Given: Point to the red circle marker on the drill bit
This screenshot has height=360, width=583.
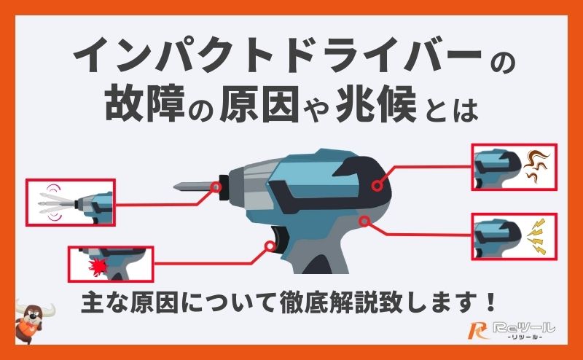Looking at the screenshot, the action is pyautogui.click(x=216, y=187).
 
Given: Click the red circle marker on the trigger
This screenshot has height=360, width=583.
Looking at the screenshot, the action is pyautogui.click(x=270, y=246).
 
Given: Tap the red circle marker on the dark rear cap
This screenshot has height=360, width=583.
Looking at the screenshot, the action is pyautogui.click(x=377, y=185).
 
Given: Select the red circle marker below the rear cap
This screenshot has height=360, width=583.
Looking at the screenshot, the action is pyautogui.click(x=365, y=222).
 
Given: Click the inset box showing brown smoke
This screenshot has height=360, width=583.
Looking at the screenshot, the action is pyautogui.click(x=514, y=167).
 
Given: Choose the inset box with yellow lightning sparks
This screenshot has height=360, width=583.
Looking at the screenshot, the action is pyautogui.click(x=514, y=237).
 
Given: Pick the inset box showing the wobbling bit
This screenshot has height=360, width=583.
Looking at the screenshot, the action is pyautogui.click(x=71, y=203).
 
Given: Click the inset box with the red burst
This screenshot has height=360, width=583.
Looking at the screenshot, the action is pyautogui.click(x=111, y=264).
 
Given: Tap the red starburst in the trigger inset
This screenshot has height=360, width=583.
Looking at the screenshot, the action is pyautogui.click(x=97, y=266).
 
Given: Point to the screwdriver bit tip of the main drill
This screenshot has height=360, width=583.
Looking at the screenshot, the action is pyautogui.click(x=176, y=187).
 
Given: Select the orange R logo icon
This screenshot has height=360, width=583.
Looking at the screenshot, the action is pyautogui.click(x=478, y=330).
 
